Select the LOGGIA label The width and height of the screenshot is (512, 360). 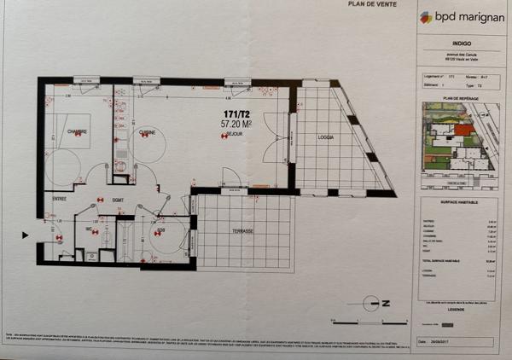coord(326,138)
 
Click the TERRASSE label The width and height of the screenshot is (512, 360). coord(246,231)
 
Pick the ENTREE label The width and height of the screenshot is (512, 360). coord(59,199)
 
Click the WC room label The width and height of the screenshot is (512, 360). coord(89,229)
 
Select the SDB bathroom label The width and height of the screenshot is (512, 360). coord(160,229)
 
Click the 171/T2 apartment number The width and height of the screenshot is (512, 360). coord(236,113)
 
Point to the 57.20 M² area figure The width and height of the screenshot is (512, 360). coord(236,124)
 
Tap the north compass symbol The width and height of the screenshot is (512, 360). coord(374,303)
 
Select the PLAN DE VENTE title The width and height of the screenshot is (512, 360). coord(369,4)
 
